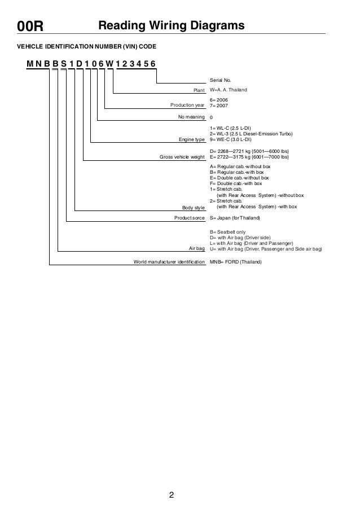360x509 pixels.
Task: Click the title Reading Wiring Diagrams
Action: click(171, 26)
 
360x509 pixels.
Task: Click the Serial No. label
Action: click(220, 81)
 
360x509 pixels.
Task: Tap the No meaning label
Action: click(191, 118)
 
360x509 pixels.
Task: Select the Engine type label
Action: click(191, 138)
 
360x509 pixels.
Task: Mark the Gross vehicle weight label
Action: click(182, 157)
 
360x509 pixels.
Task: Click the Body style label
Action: click(194, 208)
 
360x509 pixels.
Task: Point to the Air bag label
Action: click(196, 248)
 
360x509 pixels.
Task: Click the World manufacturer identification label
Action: click(169, 262)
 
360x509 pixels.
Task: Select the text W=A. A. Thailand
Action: click(228, 90)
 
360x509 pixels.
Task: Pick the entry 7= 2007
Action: click(219, 105)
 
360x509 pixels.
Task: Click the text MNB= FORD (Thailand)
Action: click(235, 262)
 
